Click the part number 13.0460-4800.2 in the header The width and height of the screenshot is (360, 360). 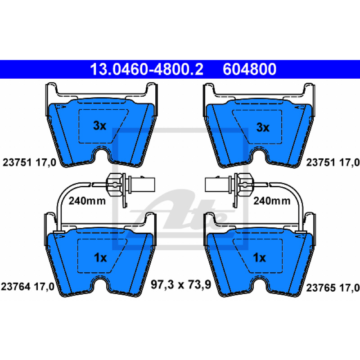pos(147,69)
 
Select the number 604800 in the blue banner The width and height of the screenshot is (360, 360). pos(249,69)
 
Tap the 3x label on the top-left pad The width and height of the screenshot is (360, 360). pos(99,126)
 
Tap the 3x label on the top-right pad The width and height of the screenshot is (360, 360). pos(263,127)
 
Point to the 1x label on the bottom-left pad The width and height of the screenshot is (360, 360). pos(100,257)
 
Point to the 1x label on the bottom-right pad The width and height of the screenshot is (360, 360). pos(260,257)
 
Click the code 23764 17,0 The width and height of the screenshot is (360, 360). pos(27,287)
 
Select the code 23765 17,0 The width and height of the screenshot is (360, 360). pos(333,288)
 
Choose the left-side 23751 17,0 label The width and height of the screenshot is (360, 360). pos(29,162)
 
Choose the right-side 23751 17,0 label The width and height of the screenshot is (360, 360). pos(333,162)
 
